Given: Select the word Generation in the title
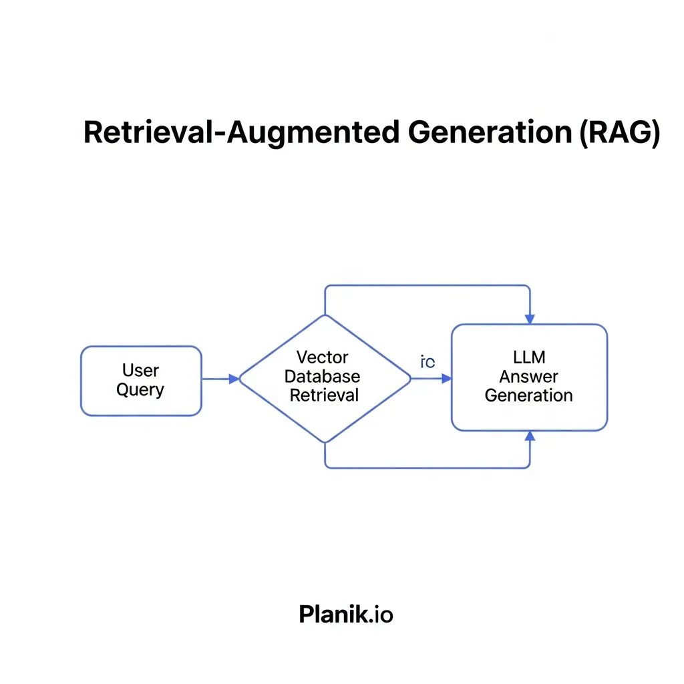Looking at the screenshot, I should (x=489, y=133).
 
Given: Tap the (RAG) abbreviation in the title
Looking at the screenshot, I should (x=619, y=133).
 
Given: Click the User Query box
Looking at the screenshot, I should (x=141, y=381).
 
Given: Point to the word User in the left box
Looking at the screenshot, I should (x=140, y=370).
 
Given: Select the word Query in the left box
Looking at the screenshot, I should (x=140, y=389).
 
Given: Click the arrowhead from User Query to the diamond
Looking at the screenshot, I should (x=234, y=379).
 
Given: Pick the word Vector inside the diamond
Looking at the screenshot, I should (x=323, y=357).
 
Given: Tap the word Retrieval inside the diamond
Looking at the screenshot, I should (x=324, y=395).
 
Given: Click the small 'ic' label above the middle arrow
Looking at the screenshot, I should (x=427, y=363).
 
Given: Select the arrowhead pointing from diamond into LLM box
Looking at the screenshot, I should (x=447, y=379).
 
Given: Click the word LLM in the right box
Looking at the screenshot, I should (x=529, y=358).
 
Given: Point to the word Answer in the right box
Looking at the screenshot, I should (x=529, y=377).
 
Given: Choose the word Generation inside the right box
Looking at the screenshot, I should (x=529, y=395).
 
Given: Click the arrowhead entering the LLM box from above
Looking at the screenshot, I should (x=530, y=318).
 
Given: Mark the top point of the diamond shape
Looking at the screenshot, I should (x=325, y=315).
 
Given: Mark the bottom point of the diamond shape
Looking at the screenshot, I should (x=325, y=443).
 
